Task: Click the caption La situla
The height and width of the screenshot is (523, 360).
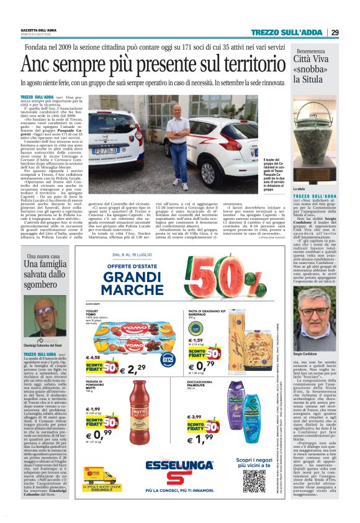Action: tap(301, 188)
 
